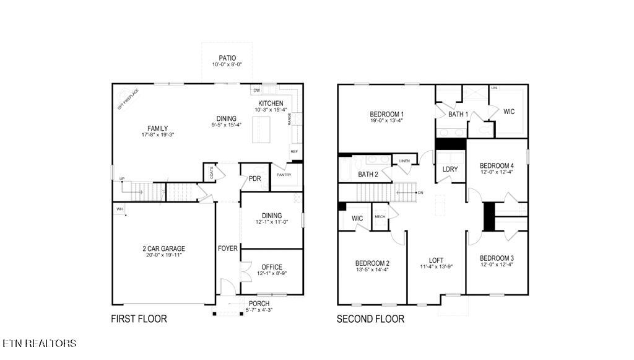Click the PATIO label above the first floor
pyautogui.click(x=227, y=58)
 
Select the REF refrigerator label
pyautogui.click(x=294, y=152)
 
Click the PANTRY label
pyautogui.click(x=284, y=175)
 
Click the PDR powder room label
pyautogui.click(x=254, y=179)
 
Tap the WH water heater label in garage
pyautogui.click(x=119, y=209)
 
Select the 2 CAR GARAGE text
pyautogui.click(x=163, y=248)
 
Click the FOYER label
pyautogui.click(x=227, y=248)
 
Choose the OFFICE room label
pyautogui.click(x=271, y=266)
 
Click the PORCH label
pyautogui.click(x=259, y=304)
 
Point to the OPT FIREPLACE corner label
pyautogui.click(x=128, y=99)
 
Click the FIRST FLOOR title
pyautogui.click(x=139, y=319)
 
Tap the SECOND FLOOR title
pyautogui.click(x=370, y=319)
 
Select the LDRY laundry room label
pyautogui.click(x=450, y=170)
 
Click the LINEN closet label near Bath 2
pyautogui.click(x=404, y=161)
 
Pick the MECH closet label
pyautogui.click(x=380, y=217)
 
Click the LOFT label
pyautogui.click(x=436, y=260)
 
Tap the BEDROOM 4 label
pyautogui.click(x=497, y=165)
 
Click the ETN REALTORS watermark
pyautogui.click(x=40, y=343)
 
